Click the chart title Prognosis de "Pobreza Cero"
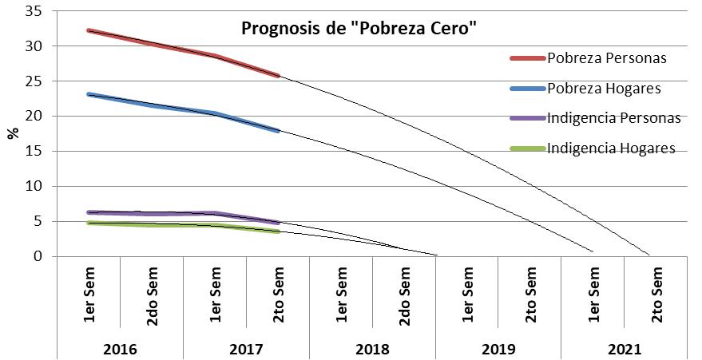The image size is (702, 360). click(x=359, y=30)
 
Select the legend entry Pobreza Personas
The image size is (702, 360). click(x=606, y=58)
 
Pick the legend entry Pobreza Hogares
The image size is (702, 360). click(x=604, y=88)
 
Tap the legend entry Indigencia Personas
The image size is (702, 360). click(x=613, y=118)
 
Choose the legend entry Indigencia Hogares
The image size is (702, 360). click(x=611, y=148)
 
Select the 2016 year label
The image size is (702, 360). click(x=120, y=350)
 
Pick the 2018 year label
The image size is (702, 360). click(x=372, y=350)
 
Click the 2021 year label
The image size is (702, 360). click(x=625, y=350)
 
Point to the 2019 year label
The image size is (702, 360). click(x=498, y=350)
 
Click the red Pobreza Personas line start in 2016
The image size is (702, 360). click(x=89, y=30)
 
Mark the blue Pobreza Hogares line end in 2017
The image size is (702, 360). click(x=277, y=130)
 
